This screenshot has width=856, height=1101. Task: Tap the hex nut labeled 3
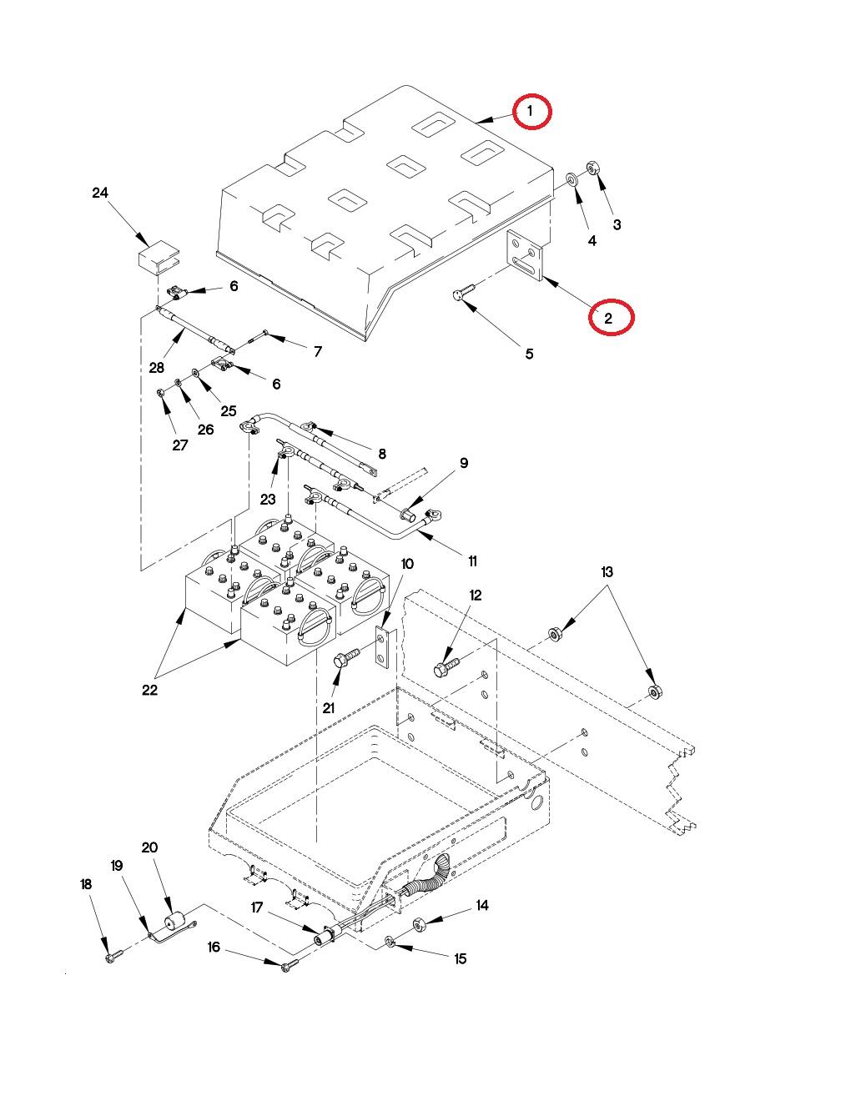pyautogui.click(x=592, y=167)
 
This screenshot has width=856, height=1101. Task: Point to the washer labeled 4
pyautogui.click(x=573, y=179)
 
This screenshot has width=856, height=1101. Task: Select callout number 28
pyautogui.click(x=156, y=368)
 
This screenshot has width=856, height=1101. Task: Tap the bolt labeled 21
pyautogui.click(x=345, y=659)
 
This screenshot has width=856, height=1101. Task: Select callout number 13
pyautogui.click(x=607, y=572)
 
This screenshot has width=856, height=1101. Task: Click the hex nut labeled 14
pyautogui.click(x=421, y=923)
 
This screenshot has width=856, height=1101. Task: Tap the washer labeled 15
pyautogui.click(x=390, y=942)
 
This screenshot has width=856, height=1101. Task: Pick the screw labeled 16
pyautogui.click(x=288, y=965)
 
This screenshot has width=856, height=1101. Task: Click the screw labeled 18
pyautogui.click(x=113, y=956)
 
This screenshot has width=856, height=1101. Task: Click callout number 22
pyautogui.click(x=149, y=690)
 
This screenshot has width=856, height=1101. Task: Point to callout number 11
pyautogui.click(x=472, y=561)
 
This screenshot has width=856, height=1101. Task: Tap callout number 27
pyautogui.click(x=180, y=445)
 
